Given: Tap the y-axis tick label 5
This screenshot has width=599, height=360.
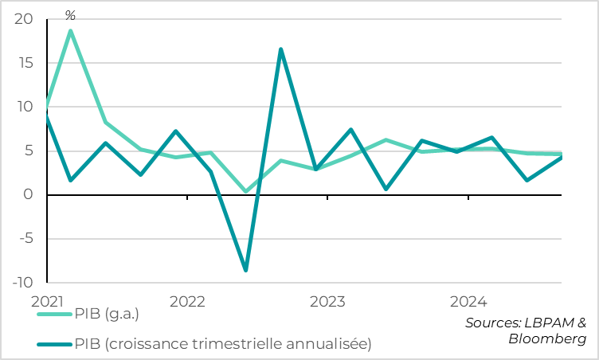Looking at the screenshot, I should click(x=28, y=151).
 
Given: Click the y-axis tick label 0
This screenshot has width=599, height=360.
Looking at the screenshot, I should click(x=28, y=194).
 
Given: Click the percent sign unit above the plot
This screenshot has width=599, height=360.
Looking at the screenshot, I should click(x=70, y=15).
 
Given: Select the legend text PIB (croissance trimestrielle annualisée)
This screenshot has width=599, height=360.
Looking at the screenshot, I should click(x=222, y=344).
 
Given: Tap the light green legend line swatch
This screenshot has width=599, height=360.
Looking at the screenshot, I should click(x=54, y=315).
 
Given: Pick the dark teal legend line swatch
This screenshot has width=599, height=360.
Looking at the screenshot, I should click(x=54, y=344).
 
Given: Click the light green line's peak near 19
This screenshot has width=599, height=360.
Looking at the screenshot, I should click(x=71, y=31).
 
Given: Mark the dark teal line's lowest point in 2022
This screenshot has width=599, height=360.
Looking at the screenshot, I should click(x=245, y=270).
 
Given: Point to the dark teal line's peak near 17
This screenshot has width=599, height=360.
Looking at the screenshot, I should click(x=280, y=49).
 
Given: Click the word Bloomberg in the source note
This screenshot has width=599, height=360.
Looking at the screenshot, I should click(x=547, y=338).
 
